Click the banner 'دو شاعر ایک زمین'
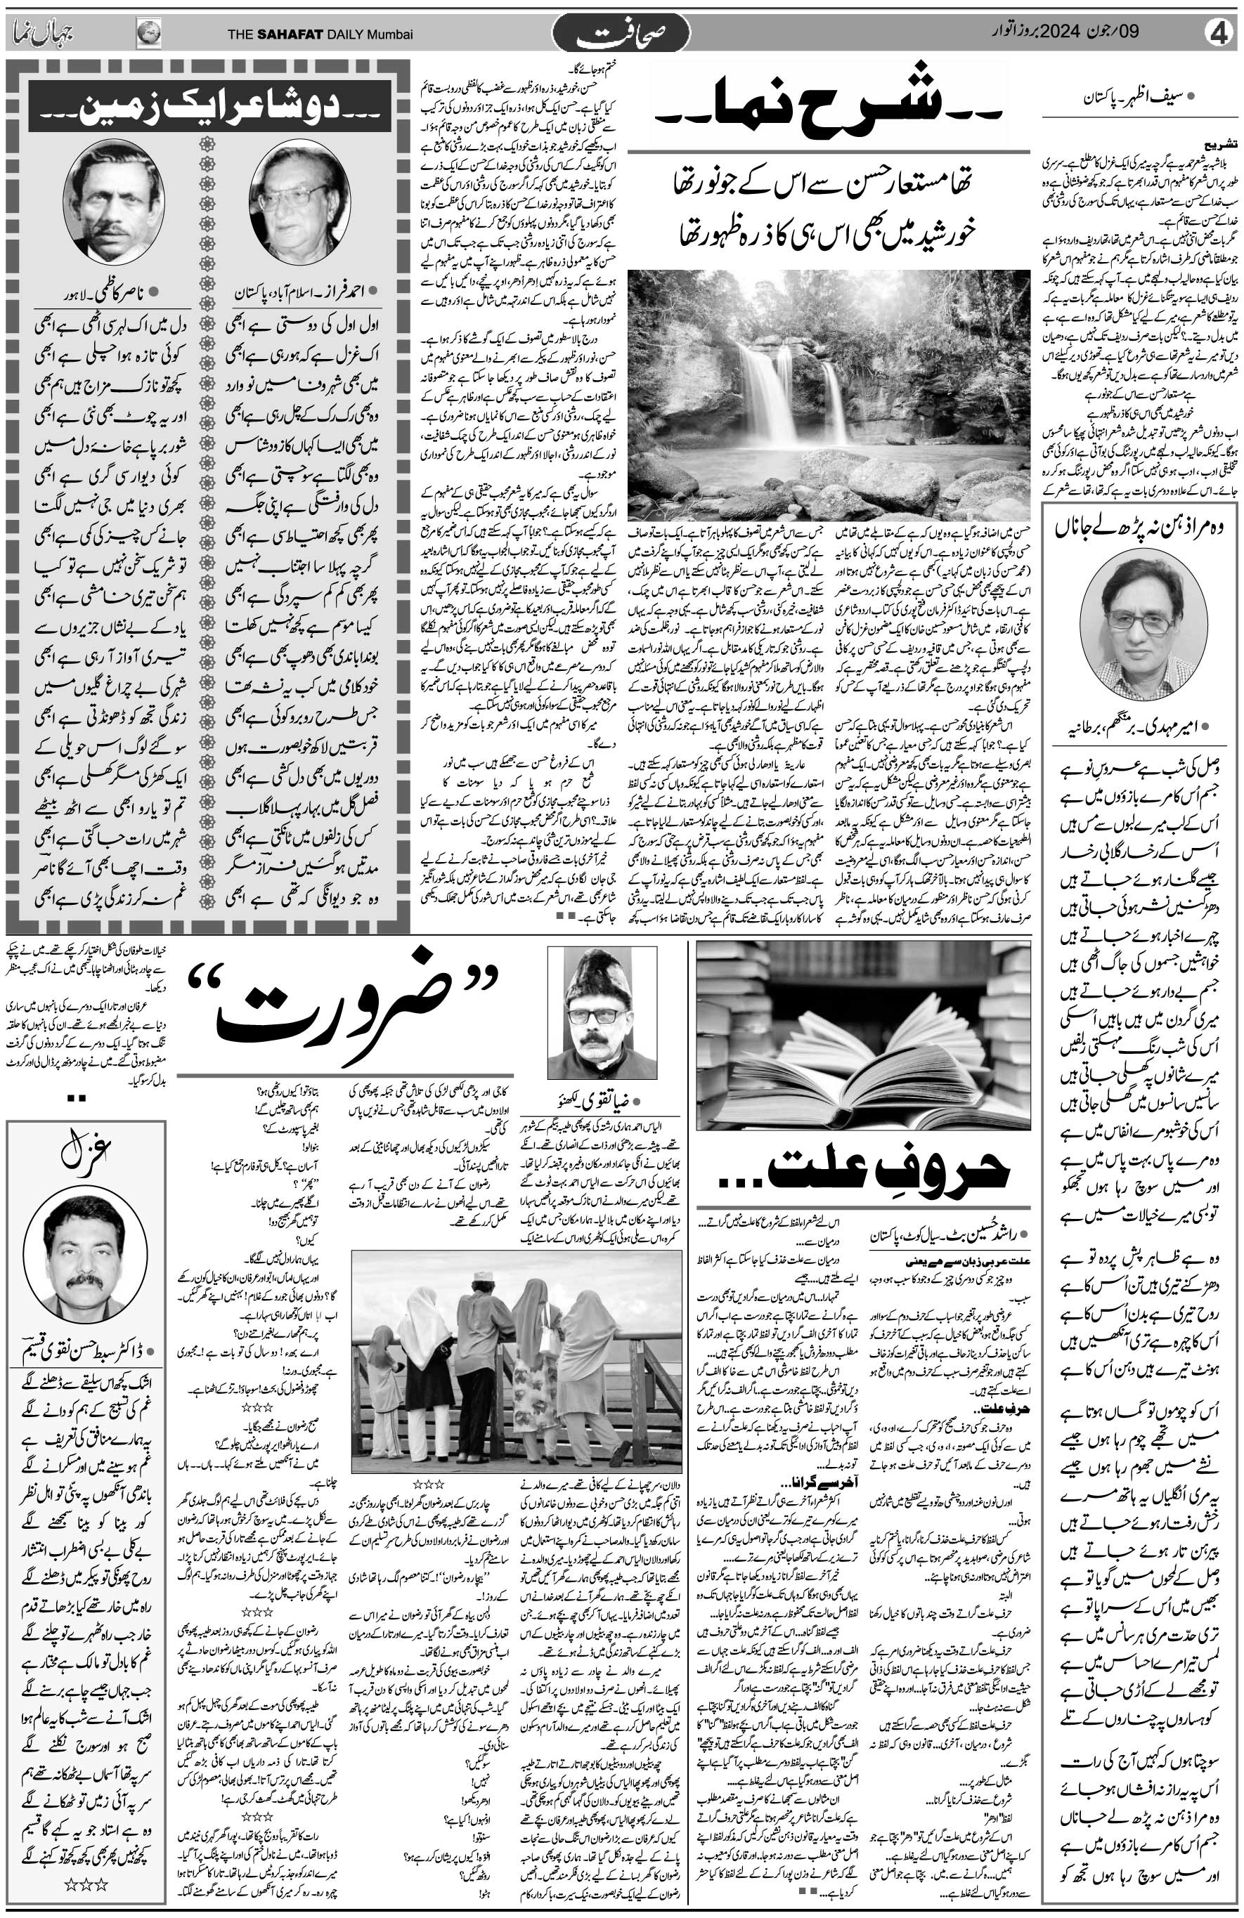coord(209,105)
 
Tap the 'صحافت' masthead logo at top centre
coord(621,34)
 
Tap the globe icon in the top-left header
coord(149,34)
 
